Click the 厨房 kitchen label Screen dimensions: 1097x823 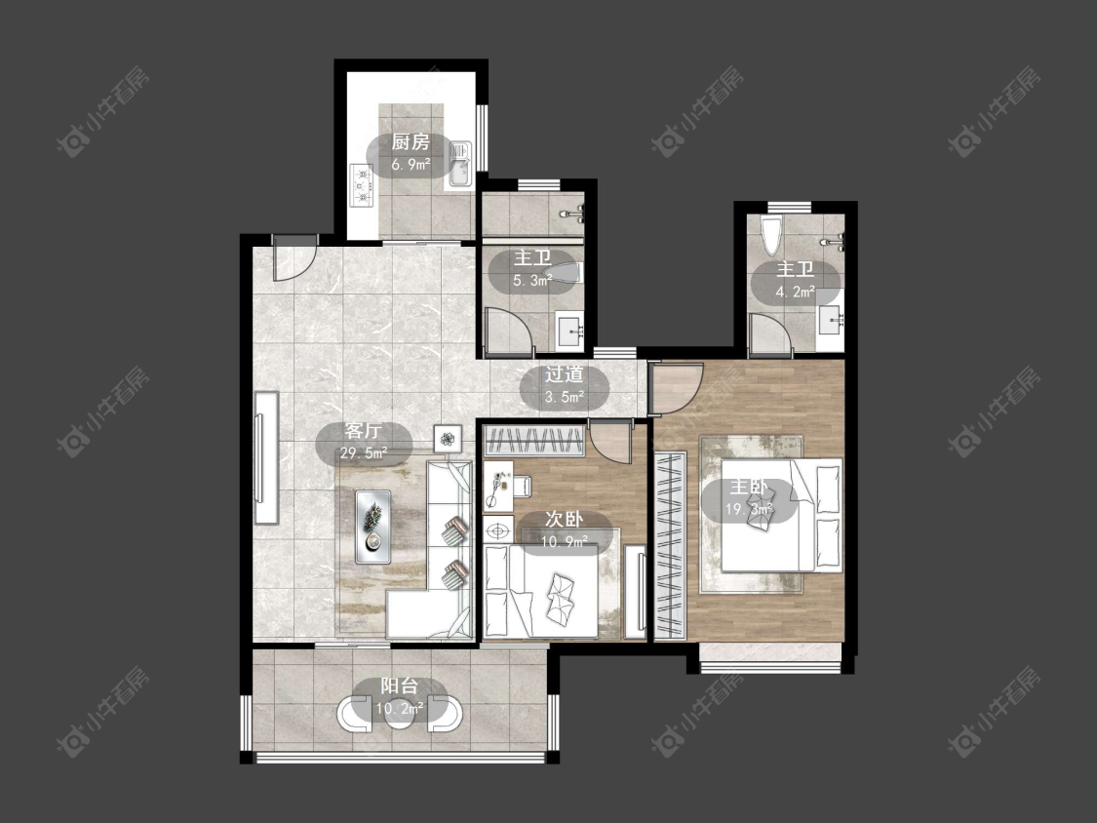pyautogui.click(x=411, y=142)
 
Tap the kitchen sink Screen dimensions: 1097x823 pyautogui.click(x=459, y=165)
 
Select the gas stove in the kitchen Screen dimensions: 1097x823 pyautogui.click(x=363, y=186)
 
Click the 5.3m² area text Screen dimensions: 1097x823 pyautogui.click(x=532, y=282)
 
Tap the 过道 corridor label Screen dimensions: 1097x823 pyautogui.click(x=564, y=374)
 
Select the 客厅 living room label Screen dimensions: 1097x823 pyautogui.click(x=363, y=430)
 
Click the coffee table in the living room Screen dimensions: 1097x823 pyautogui.click(x=372, y=527)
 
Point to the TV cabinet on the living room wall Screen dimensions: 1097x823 pyautogui.click(x=266, y=458)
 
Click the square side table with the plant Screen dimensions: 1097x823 pyautogui.click(x=448, y=440)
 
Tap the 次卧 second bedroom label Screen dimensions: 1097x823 pyautogui.click(x=564, y=520)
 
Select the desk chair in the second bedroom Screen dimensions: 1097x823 pyautogui.click(x=522, y=486)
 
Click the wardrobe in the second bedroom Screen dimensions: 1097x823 pyautogui.click(x=534, y=442)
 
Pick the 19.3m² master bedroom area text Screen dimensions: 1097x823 pyautogui.click(x=749, y=509)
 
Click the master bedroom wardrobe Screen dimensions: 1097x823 pyautogui.click(x=670, y=546)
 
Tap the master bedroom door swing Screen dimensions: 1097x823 pyautogui.click(x=675, y=389)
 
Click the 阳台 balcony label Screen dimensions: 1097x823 pyautogui.click(x=400, y=686)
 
